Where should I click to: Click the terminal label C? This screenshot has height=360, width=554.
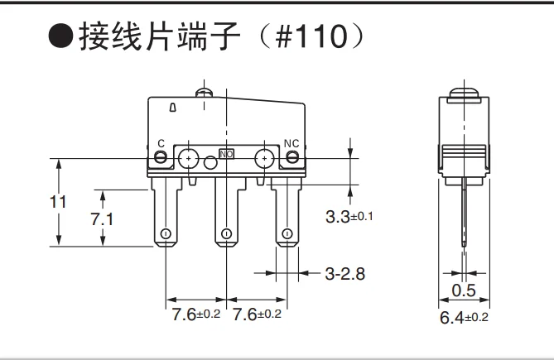[x=161, y=143]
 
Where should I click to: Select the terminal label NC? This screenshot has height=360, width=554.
[x=291, y=143]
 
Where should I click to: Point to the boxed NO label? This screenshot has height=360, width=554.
[x=226, y=154]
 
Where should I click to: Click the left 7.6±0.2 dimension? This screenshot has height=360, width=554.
[x=196, y=314]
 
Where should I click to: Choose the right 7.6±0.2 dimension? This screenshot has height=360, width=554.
[x=258, y=314]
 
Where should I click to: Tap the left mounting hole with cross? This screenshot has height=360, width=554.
[x=190, y=157]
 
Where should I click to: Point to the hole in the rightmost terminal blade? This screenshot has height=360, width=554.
[x=287, y=234]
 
